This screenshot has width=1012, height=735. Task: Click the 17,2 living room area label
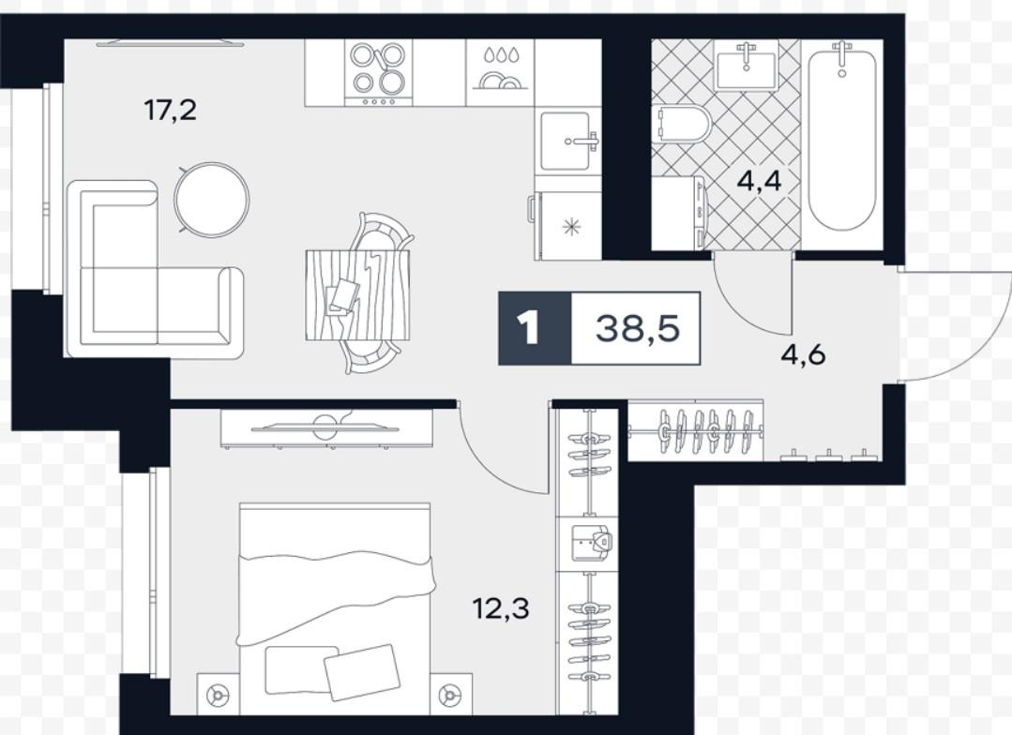click(170, 111)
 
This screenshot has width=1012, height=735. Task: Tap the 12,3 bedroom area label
click(502, 607)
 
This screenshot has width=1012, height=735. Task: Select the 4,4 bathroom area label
click(760, 181)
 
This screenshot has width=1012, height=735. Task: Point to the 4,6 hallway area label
click(803, 355)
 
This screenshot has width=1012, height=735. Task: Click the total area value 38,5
click(637, 328)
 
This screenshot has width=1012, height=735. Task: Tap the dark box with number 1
click(535, 328)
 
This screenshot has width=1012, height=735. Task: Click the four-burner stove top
click(378, 72)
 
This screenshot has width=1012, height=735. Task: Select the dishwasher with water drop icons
click(500, 72)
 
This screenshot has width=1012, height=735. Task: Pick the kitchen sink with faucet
click(567, 142)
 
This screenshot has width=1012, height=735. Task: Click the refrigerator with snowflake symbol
click(566, 226)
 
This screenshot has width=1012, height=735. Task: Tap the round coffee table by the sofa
click(212, 199)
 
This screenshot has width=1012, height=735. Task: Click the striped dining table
click(357, 294)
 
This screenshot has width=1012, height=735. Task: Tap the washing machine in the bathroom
click(679, 212)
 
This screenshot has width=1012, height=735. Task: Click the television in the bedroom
click(326, 427)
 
